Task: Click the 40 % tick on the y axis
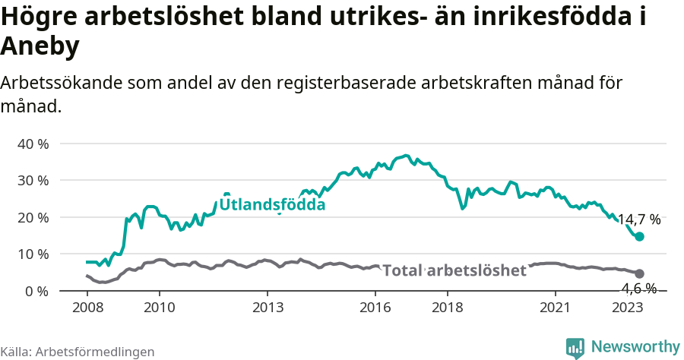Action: (33, 144)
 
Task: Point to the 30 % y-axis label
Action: (33, 180)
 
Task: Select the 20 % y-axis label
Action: (33, 217)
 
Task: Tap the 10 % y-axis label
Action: (33, 254)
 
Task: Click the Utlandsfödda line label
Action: (272, 205)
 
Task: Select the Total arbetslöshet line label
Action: (454, 271)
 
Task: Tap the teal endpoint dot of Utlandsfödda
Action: (639, 237)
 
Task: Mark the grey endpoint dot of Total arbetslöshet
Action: (639, 273)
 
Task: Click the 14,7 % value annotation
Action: (638, 220)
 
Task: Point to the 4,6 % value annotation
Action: (638, 288)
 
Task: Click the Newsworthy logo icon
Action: (575, 347)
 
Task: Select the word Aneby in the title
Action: (40, 47)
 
